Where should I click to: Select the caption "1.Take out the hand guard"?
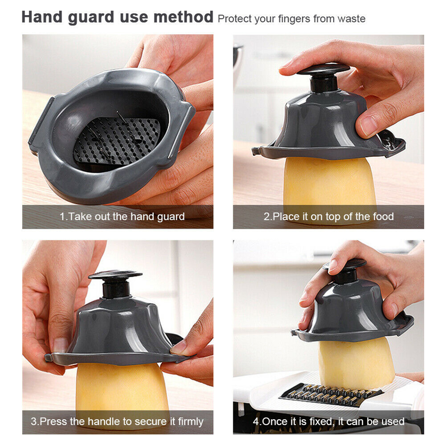pyautogui.click(x=122, y=216)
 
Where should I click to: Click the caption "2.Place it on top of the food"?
pyautogui.click(x=328, y=216)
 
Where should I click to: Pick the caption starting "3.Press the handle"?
pyautogui.click(x=117, y=421)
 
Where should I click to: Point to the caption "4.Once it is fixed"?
pyautogui.click(x=328, y=421)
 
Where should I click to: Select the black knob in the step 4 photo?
pyautogui.click(x=345, y=272)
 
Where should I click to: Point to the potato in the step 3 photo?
pyautogui.click(x=122, y=389)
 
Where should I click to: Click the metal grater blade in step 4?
pyautogui.click(x=331, y=395)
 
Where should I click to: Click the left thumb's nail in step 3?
pyautogui.click(x=60, y=345)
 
